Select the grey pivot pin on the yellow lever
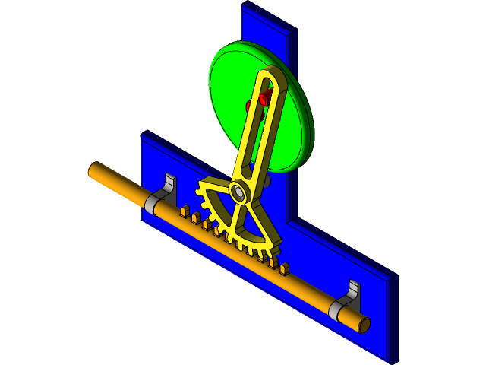(238, 192)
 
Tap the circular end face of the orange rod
(364, 325)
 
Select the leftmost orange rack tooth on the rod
(185, 212)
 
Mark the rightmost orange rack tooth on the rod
(285, 268)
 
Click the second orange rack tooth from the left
(196, 218)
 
